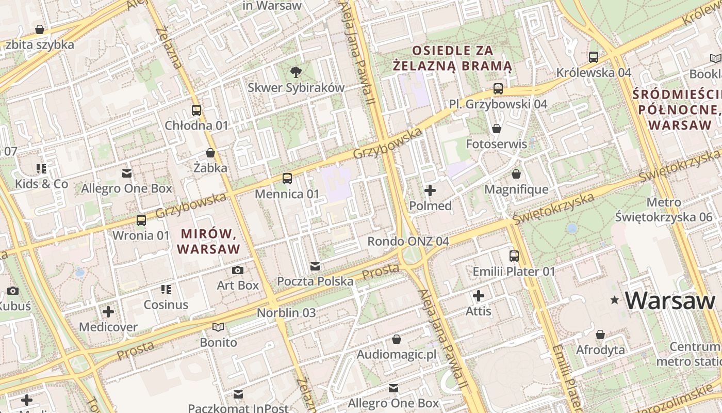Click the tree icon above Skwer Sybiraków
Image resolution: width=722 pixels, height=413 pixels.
click(296, 72)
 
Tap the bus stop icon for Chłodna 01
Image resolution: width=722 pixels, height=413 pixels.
click(196, 110)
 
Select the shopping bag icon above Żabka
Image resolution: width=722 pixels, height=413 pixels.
click(210, 153)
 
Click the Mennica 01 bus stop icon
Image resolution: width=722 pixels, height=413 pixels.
click(287, 179)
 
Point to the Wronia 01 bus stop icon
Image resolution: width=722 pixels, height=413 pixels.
click(141, 220)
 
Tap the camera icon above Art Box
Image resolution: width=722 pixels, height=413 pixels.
click(238, 270)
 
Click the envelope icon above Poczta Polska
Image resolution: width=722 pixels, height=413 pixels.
click(315, 266)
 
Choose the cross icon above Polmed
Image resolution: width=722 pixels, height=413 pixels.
click(430, 190)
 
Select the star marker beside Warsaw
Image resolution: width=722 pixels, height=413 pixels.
click(614, 300)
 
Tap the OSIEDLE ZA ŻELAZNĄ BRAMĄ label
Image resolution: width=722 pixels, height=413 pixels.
click(452, 58)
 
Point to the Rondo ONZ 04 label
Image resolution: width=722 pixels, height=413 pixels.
click(408, 241)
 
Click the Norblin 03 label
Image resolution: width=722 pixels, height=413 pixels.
click(286, 312)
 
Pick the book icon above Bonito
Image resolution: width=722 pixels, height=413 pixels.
click(219, 327)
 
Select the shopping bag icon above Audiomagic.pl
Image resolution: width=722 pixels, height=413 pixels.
click(397, 339)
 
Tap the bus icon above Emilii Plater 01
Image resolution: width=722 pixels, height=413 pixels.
click(514, 256)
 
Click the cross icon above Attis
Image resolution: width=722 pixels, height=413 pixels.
click(479, 296)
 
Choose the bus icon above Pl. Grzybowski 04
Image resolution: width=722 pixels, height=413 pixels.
click(498, 88)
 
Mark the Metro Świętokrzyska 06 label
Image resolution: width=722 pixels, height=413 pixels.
click(663, 210)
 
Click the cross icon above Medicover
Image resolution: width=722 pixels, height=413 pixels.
click(108, 312)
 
